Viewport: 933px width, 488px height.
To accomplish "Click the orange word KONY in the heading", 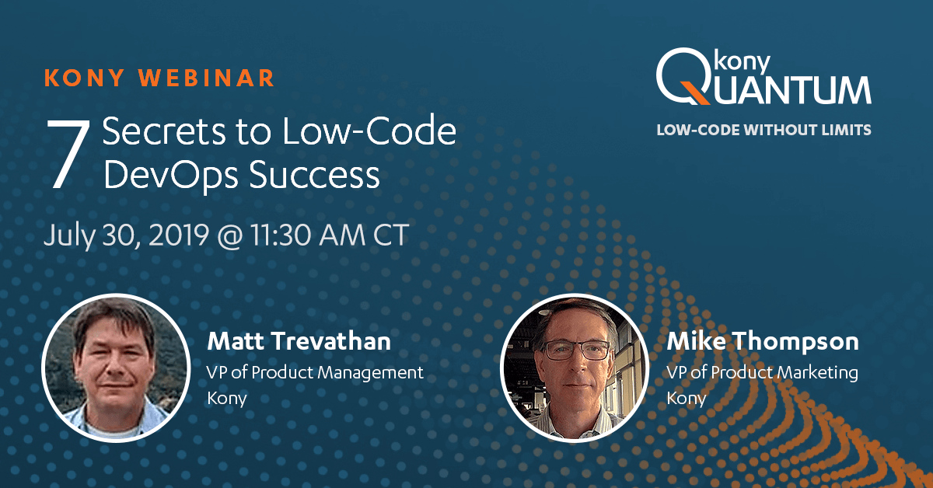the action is point(85,78).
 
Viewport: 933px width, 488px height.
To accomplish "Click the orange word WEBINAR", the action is point(206,78).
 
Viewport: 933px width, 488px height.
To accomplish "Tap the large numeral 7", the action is point(68,153).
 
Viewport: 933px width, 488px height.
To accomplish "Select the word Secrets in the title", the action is point(165,131).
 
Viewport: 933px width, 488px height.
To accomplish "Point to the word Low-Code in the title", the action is point(369,131).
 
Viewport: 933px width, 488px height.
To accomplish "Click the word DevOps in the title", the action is point(171,176).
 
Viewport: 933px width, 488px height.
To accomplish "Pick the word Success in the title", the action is point(314,175).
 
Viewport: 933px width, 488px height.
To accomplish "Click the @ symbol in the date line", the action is point(229,235).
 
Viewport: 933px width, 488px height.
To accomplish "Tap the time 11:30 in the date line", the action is point(281,235).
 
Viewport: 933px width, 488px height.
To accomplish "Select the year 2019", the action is point(179,235).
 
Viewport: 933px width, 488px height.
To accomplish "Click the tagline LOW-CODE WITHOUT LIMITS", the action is point(764,130).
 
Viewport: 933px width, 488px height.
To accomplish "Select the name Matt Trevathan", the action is point(299,341).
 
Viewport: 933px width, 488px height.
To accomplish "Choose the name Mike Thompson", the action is point(763,342).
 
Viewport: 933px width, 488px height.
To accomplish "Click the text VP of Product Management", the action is point(315,372).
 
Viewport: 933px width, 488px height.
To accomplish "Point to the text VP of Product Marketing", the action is point(762,372).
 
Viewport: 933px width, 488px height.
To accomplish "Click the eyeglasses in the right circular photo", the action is point(577,350).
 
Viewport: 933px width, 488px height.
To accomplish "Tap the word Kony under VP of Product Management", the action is point(227,398).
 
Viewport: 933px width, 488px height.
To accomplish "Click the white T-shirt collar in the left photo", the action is point(112,429).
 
